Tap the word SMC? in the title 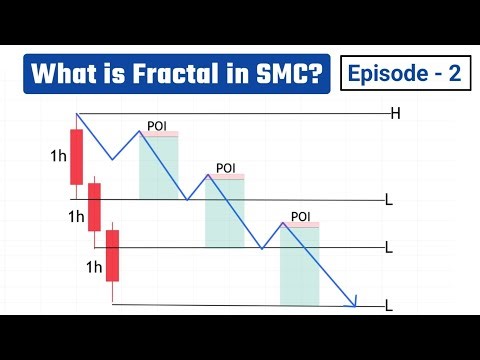click(x=288, y=74)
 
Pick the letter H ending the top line click(x=396, y=114)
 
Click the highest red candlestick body click(x=77, y=156)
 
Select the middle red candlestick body click(x=96, y=207)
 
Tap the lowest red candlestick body click(x=113, y=256)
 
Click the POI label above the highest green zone click(x=157, y=125)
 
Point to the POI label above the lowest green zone click(x=300, y=216)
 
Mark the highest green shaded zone click(x=159, y=166)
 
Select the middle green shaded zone click(x=224, y=212)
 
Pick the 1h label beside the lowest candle click(x=95, y=266)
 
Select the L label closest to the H click(x=389, y=201)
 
